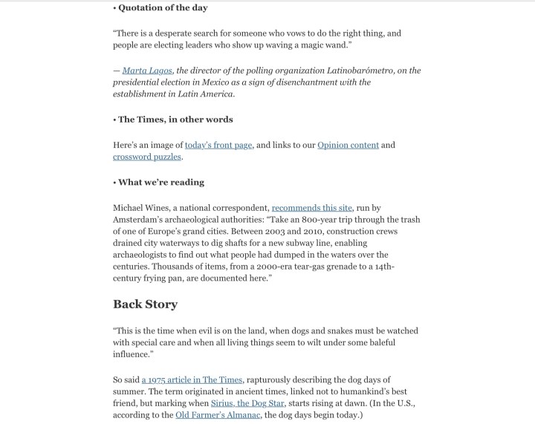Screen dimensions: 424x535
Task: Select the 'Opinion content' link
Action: [348, 145]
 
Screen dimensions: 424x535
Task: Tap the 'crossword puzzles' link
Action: [147, 157]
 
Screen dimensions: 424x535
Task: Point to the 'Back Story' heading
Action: [145, 304]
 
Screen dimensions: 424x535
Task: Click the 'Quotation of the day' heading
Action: [163, 8]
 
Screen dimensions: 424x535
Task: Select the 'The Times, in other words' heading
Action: [175, 120]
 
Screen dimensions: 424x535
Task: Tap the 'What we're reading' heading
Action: [161, 182]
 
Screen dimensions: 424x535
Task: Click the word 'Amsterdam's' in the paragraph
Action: [140, 220]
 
